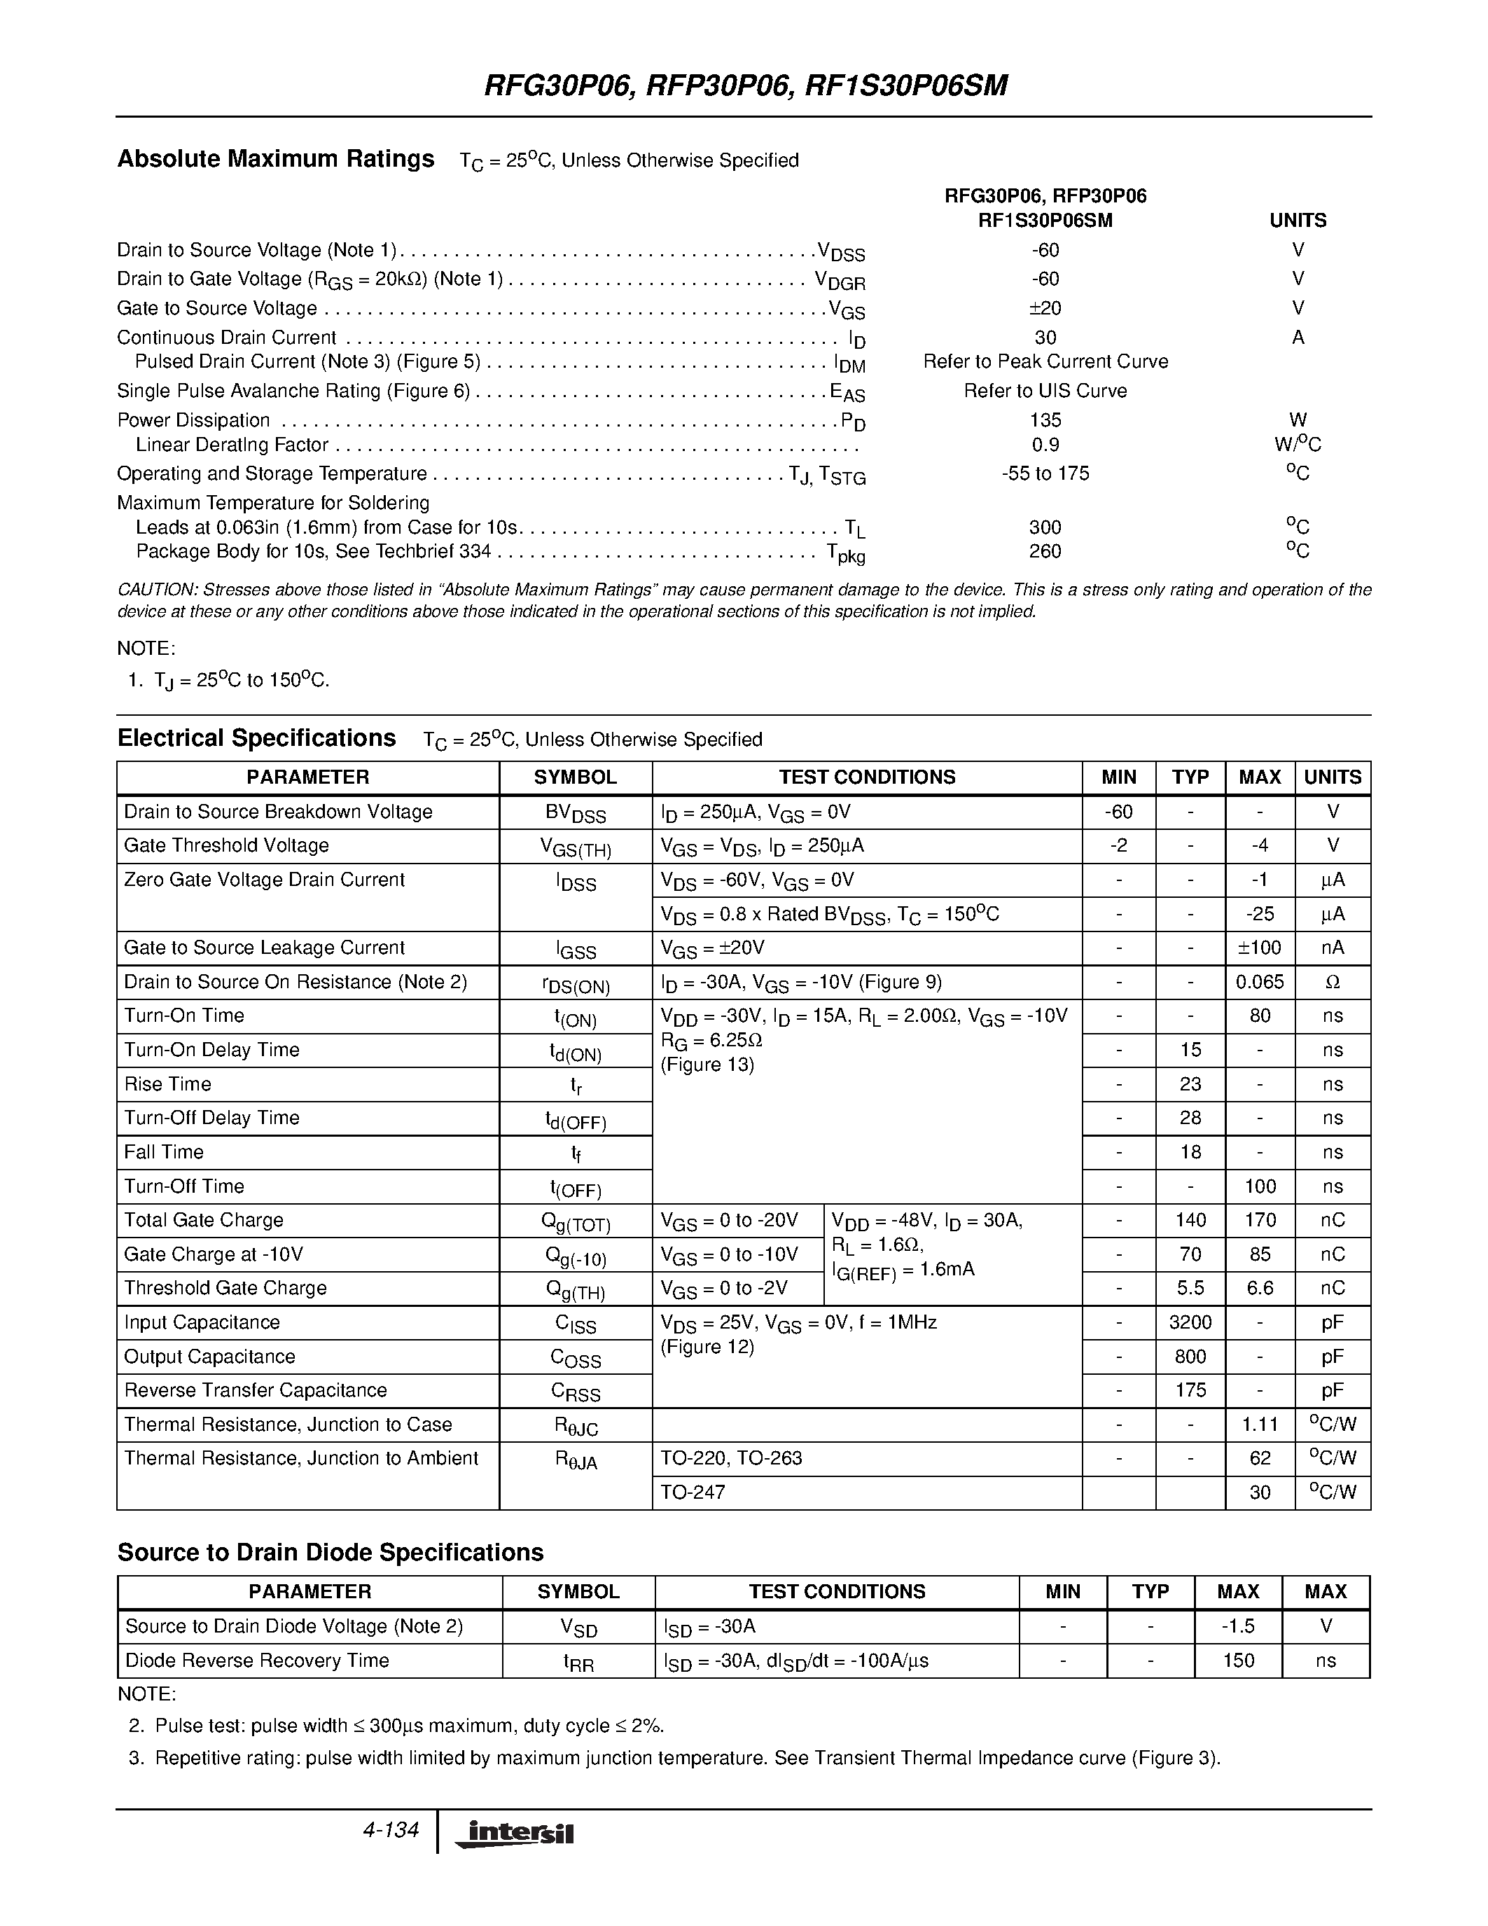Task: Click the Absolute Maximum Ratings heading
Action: (276, 159)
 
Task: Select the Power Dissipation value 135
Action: (1045, 420)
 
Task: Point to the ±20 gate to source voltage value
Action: (1045, 307)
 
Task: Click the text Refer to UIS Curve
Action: (1045, 391)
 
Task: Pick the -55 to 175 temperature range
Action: (1045, 473)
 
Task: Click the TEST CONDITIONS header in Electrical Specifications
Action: (866, 777)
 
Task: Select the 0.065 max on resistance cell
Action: (1260, 981)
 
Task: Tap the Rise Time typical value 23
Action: (1190, 1084)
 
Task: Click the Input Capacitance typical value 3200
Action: (1190, 1322)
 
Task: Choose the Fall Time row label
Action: (164, 1151)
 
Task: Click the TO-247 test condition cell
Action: (693, 1492)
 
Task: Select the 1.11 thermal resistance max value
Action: (1260, 1425)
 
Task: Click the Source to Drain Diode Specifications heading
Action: (331, 1552)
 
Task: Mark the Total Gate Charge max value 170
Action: (1260, 1219)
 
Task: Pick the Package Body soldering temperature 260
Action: (1045, 551)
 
